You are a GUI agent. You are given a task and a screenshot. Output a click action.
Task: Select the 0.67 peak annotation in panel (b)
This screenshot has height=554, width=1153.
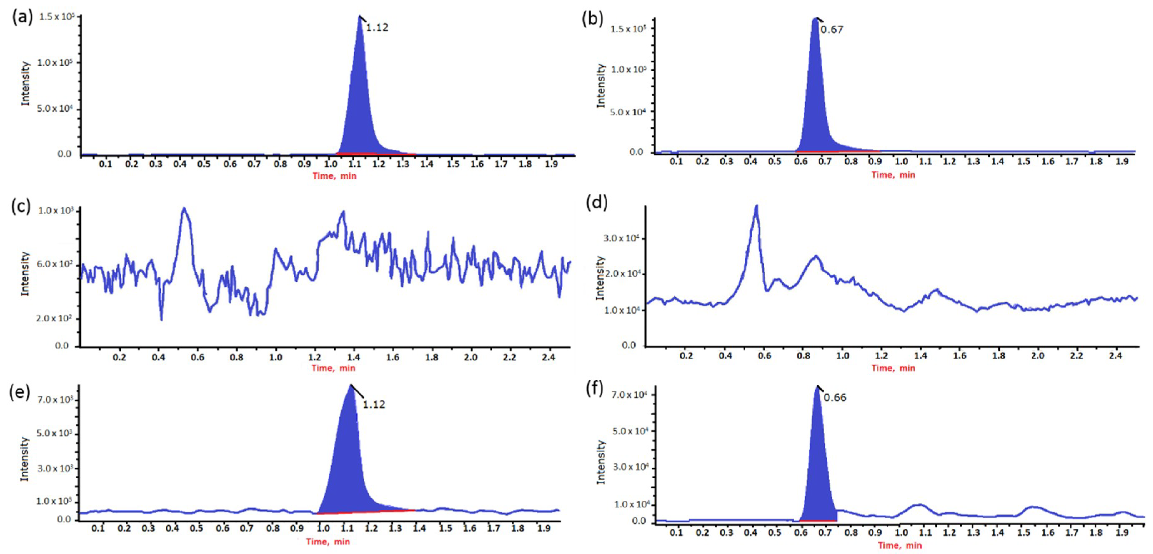click(x=832, y=30)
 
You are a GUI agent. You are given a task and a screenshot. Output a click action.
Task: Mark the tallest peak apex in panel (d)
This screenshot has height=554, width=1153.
click(x=756, y=206)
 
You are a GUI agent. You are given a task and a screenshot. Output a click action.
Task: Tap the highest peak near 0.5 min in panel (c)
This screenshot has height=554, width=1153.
click(x=184, y=208)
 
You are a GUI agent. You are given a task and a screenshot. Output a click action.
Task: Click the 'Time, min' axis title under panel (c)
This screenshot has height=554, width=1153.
click(x=334, y=368)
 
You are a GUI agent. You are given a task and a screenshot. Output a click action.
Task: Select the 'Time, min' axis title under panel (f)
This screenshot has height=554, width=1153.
click(x=900, y=546)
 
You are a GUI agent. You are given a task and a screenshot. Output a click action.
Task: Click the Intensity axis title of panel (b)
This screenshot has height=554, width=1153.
click(x=601, y=86)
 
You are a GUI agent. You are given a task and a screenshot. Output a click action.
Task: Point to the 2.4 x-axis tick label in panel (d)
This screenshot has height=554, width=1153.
click(x=1116, y=356)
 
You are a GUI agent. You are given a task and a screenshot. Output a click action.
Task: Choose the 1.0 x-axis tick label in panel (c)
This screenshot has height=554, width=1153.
click(x=276, y=358)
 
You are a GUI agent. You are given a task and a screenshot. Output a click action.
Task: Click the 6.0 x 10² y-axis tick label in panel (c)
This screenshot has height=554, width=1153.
click(x=54, y=264)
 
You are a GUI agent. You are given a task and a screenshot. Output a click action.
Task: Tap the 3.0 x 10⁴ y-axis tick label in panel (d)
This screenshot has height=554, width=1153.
click(x=621, y=238)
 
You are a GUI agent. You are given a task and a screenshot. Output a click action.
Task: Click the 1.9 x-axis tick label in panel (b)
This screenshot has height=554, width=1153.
click(x=1122, y=162)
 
